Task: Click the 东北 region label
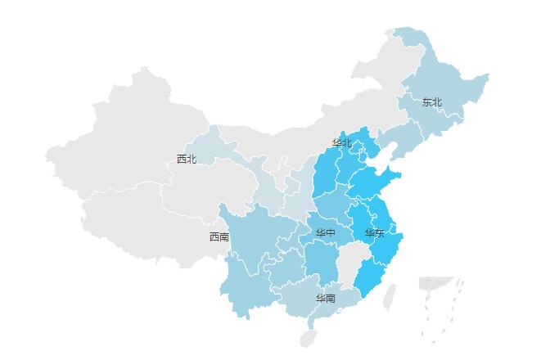pos(431,102)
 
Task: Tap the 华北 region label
pos(341,143)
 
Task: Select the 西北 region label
pos(187,159)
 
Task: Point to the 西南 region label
pos(219,237)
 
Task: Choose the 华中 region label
pos(326,233)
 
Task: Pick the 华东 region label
pos(374,233)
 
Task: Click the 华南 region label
pos(326,299)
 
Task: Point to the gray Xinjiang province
pos(123,131)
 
